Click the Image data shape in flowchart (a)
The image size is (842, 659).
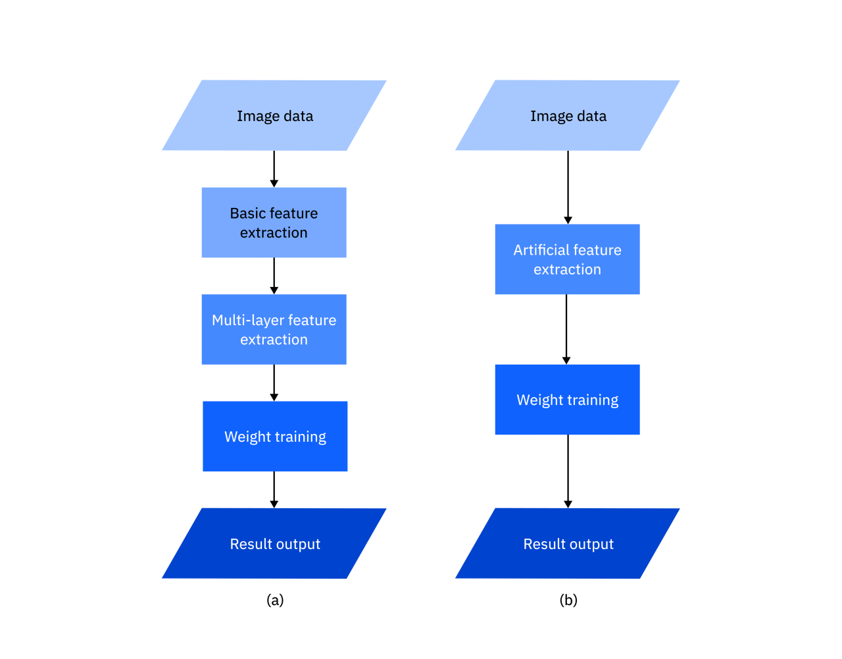274,115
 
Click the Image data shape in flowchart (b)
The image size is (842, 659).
567,115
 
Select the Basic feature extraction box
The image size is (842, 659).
274,223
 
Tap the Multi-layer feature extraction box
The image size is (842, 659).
274,329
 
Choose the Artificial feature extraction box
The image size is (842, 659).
567,259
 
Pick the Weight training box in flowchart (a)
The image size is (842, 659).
275,436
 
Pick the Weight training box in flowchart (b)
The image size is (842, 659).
567,400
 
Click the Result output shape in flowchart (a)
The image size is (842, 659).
274,544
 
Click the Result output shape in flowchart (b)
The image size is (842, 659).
567,544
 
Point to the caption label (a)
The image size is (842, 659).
275,600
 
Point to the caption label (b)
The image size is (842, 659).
568,600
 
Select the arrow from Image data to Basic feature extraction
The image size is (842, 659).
274,169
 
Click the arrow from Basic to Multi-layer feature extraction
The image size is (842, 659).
274,276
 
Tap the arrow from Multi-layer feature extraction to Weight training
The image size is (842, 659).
274,383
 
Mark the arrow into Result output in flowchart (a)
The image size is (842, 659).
274,490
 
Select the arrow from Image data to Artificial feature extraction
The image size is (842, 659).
568,187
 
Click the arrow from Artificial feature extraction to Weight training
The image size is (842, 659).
566,329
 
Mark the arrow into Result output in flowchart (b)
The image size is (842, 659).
568,471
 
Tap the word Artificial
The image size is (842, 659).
540,250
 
